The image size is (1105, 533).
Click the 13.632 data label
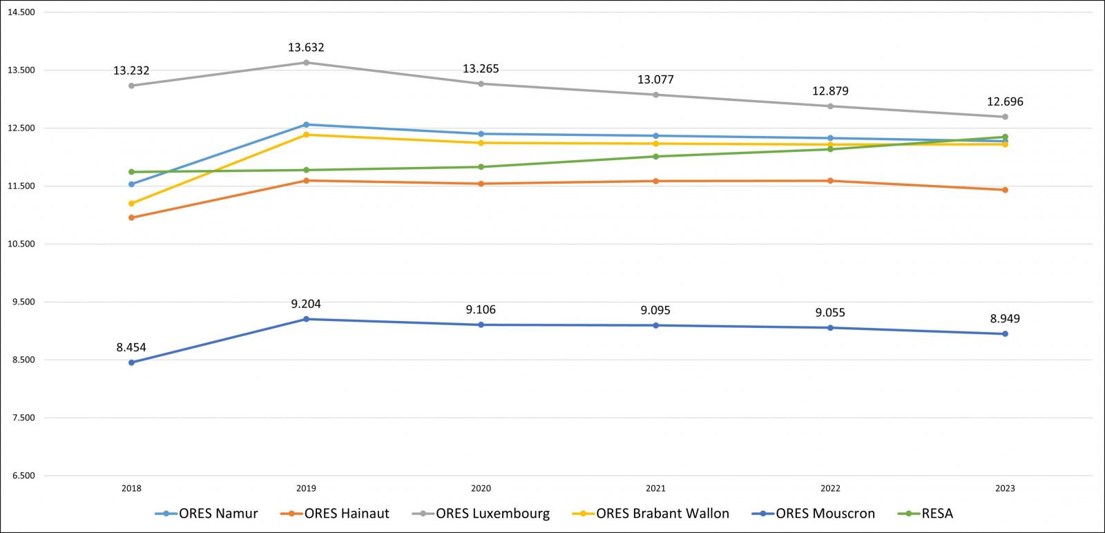tap(306, 48)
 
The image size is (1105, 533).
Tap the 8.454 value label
tap(131, 347)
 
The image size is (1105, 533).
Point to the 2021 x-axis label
tap(655, 489)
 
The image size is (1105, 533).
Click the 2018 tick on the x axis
tap(131, 489)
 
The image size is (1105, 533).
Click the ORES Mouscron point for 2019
tap(306, 319)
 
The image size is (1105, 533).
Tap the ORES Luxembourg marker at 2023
tap(1005, 117)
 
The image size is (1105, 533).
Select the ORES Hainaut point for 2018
tap(131, 217)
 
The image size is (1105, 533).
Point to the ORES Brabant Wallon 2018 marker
tap(131, 204)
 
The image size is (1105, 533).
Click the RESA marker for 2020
tap(481, 166)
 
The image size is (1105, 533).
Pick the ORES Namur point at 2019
tap(306, 125)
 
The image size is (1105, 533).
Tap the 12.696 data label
tap(1005, 102)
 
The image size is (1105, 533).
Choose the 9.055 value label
tap(830, 313)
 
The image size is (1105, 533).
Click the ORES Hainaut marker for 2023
tap(1005, 190)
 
